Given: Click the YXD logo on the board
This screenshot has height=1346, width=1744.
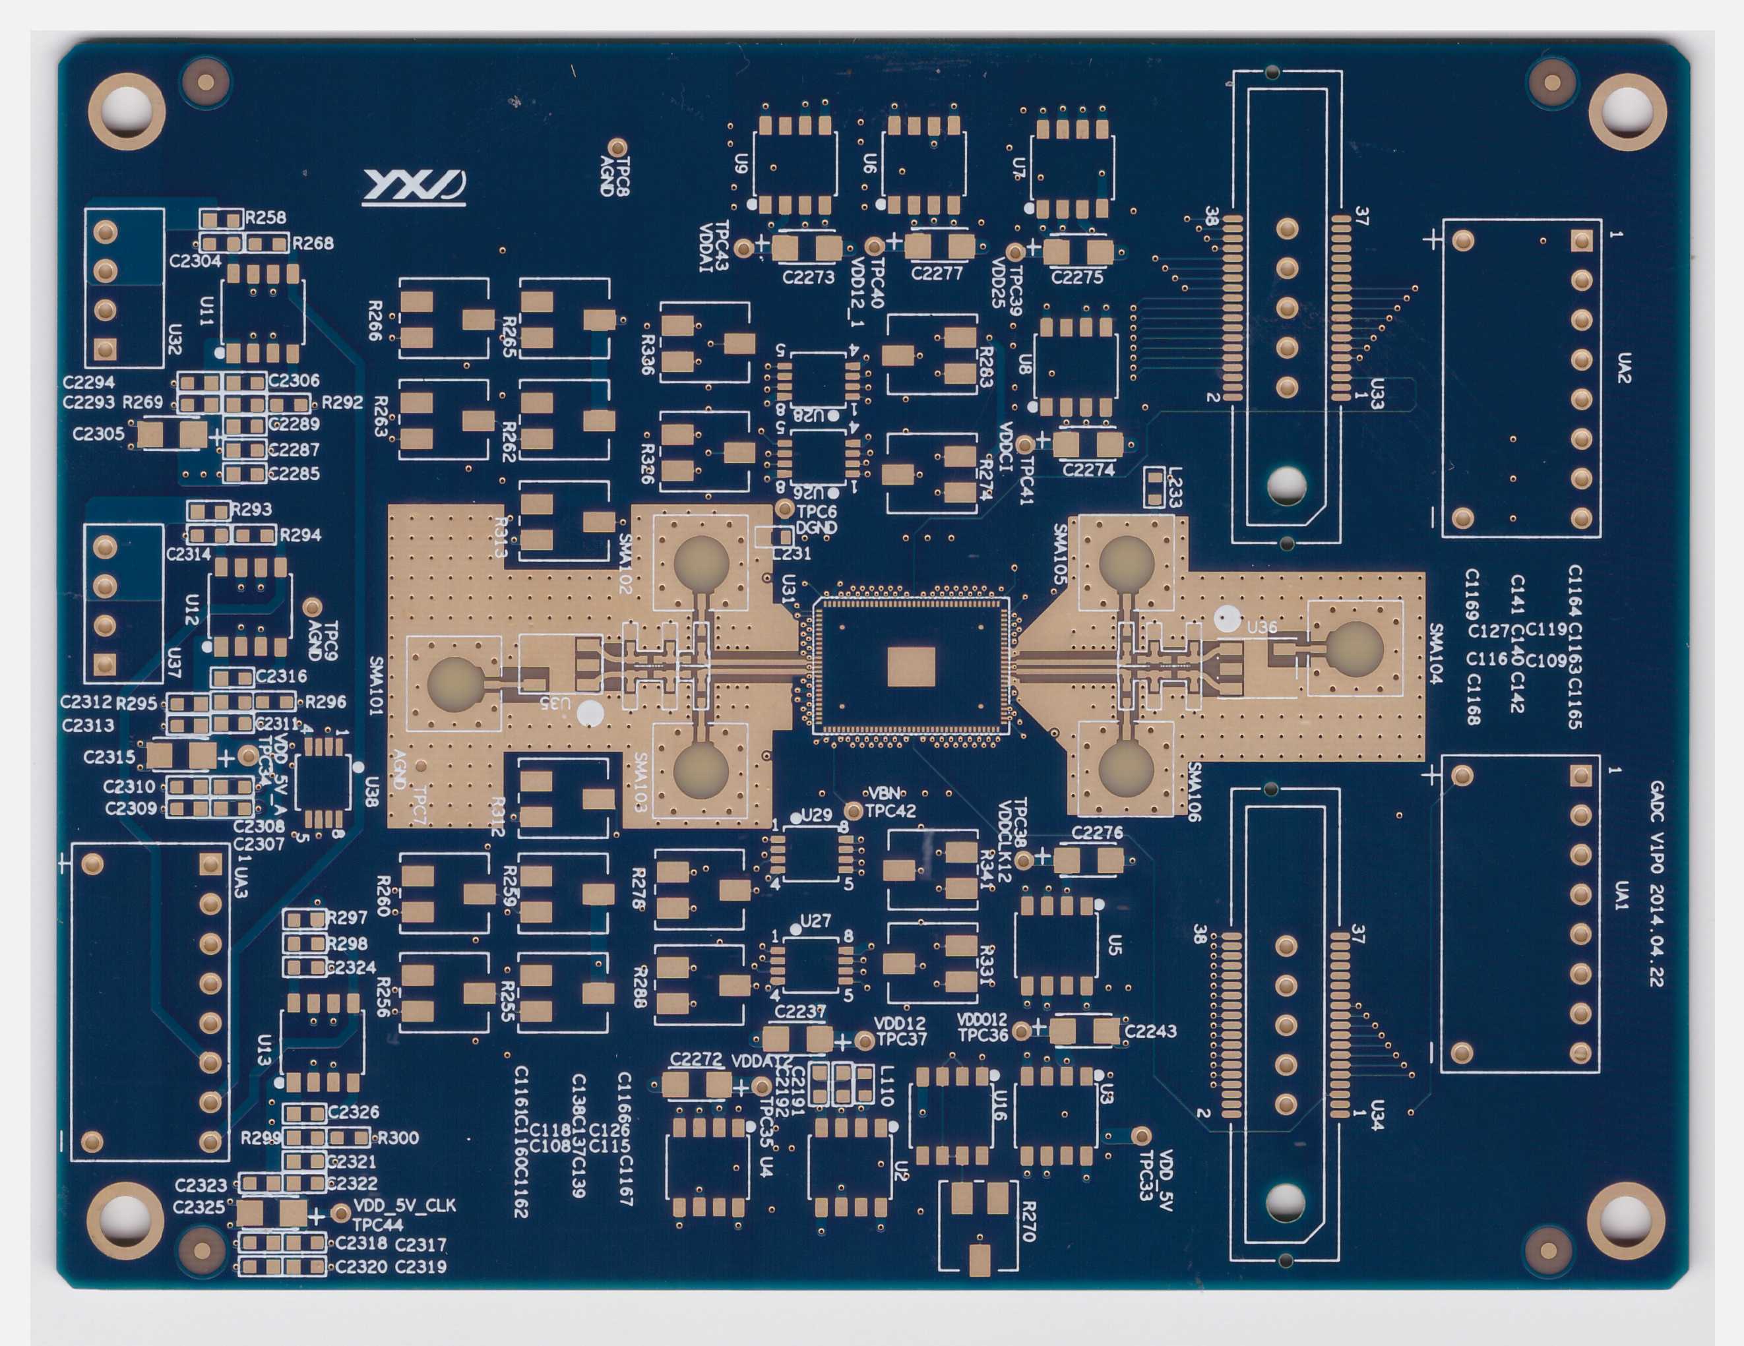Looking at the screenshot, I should (414, 187).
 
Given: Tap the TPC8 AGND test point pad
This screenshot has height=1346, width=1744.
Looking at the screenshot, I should (617, 148).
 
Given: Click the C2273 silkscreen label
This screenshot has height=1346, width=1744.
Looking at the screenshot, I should (808, 277).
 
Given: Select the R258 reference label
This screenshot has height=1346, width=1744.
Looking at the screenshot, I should (265, 217).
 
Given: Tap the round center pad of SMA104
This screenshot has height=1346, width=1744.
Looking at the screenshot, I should (1354, 648).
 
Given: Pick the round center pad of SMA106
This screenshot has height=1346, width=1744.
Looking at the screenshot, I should (1126, 768).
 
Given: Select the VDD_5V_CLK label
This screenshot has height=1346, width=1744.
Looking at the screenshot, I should (404, 1205).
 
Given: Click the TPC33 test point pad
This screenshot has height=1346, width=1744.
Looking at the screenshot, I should (1142, 1136).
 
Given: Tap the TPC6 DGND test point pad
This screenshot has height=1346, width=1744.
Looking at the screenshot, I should (785, 508).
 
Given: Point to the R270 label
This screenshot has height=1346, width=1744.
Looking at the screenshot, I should (1028, 1221).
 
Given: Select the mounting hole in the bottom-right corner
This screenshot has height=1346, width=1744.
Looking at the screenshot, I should (1625, 1222).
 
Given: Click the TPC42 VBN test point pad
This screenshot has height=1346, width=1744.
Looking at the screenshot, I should (854, 811).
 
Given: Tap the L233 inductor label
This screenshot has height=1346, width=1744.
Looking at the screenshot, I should (1174, 487).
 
